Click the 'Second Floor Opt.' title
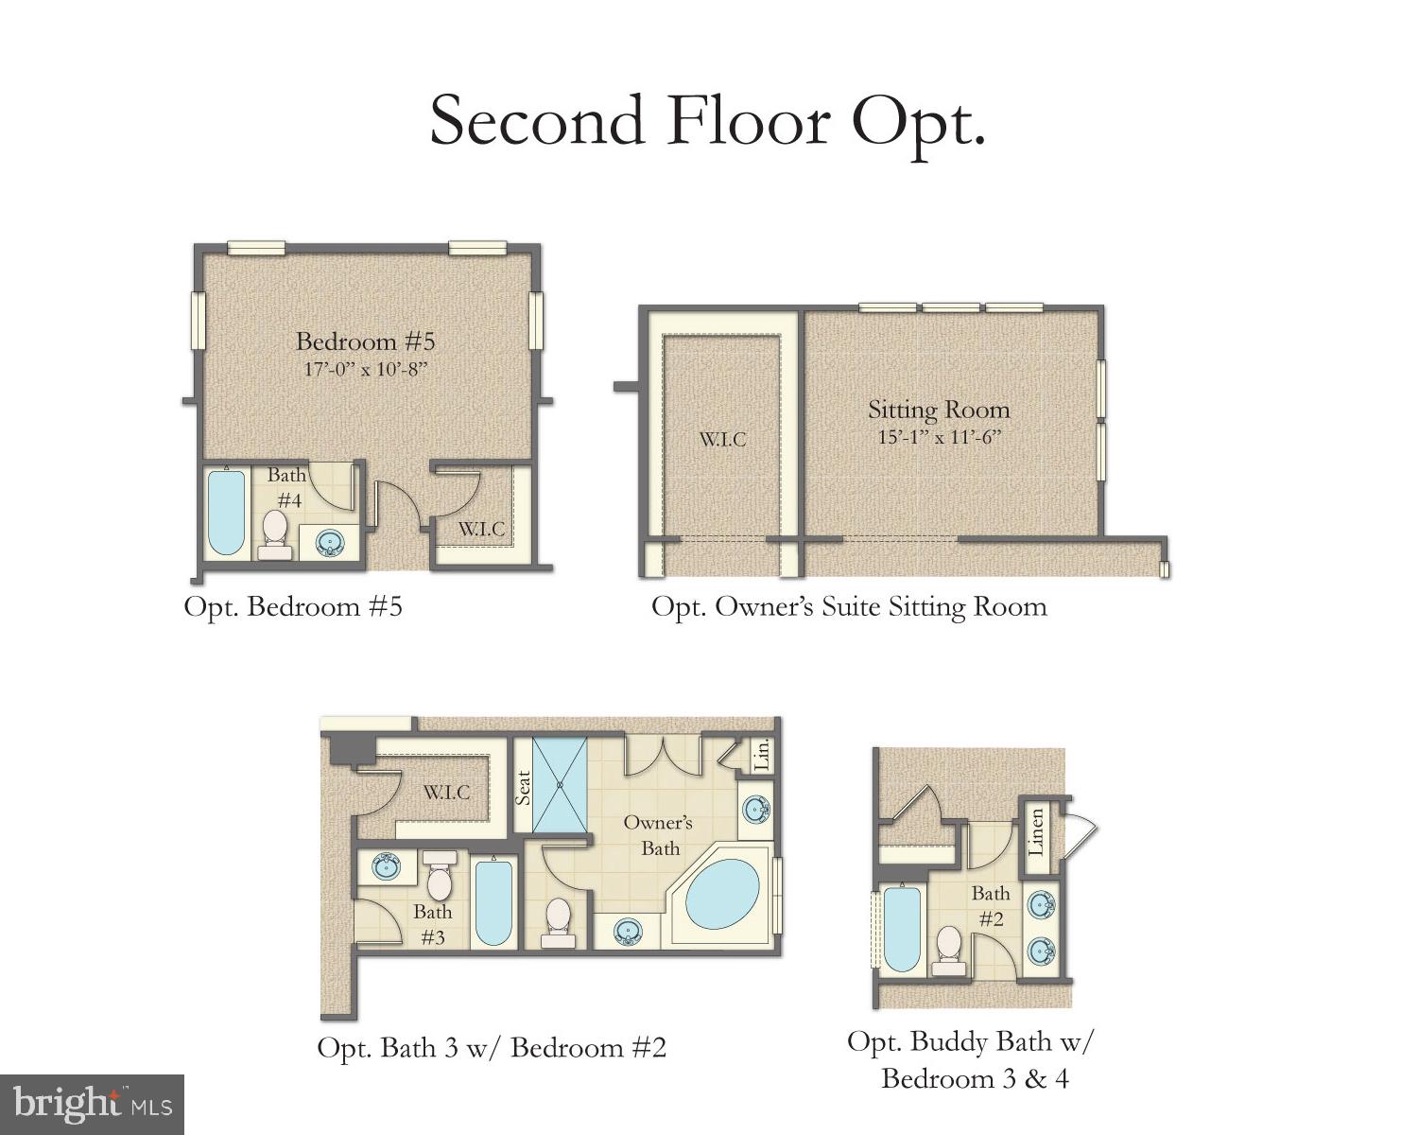coord(708,121)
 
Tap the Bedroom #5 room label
coord(365,341)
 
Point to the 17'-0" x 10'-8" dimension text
coord(365,369)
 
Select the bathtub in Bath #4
coord(226,513)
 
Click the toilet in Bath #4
coord(275,533)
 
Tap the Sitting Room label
coord(939,410)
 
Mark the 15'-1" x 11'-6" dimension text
coord(939,437)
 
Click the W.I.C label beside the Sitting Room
coord(722,440)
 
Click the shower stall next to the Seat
coord(559,784)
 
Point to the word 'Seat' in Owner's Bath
coord(523,787)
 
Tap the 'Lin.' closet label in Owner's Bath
coord(762,754)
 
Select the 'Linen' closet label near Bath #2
coord(1036,831)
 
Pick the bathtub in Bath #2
coord(901,929)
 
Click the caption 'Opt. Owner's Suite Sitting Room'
coord(849,606)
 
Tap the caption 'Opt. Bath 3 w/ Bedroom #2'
coord(492,1048)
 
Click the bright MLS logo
coord(92,1104)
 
